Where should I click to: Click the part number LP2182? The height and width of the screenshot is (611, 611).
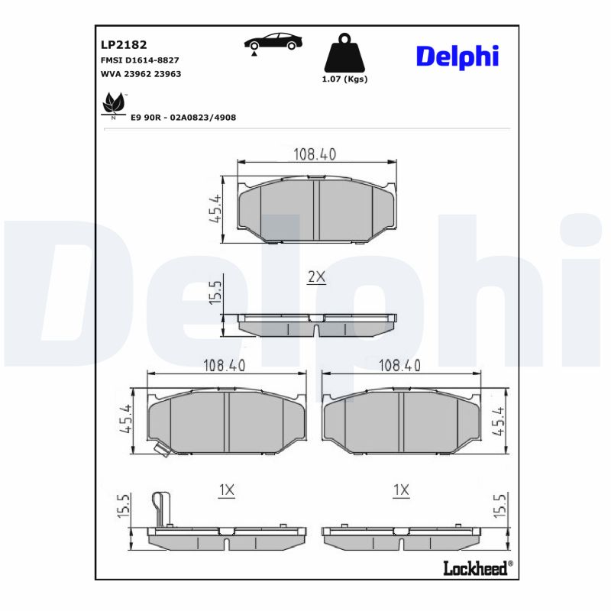pyautogui.click(x=118, y=45)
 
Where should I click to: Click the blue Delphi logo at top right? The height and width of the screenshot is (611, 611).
pyautogui.click(x=457, y=55)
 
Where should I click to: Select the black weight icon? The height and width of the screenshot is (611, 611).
pyautogui.click(x=345, y=53)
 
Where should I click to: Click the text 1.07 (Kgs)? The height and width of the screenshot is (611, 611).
pyautogui.click(x=345, y=79)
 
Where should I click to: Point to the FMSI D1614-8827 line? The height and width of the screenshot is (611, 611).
pyautogui.click(x=140, y=60)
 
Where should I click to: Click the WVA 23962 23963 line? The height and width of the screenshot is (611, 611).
pyautogui.click(x=141, y=73)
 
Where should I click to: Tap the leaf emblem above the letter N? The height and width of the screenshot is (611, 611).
pyautogui.click(x=114, y=102)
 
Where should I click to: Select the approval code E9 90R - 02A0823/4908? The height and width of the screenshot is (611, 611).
pyautogui.click(x=183, y=117)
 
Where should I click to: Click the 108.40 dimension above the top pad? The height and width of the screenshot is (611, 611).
pyautogui.click(x=315, y=154)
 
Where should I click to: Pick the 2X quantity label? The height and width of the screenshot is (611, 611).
pyautogui.click(x=316, y=278)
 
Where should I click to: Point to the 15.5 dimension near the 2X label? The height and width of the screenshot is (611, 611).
pyautogui.click(x=215, y=293)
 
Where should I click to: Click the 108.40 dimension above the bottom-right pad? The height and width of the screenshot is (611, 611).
pyautogui.click(x=399, y=366)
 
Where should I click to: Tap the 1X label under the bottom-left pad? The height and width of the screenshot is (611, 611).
pyautogui.click(x=226, y=490)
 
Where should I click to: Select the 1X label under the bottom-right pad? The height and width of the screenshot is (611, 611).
pyautogui.click(x=401, y=490)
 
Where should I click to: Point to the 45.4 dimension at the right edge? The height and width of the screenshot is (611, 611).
pyautogui.click(x=499, y=421)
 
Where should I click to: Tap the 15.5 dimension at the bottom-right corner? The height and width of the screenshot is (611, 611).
pyautogui.click(x=499, y=506)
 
